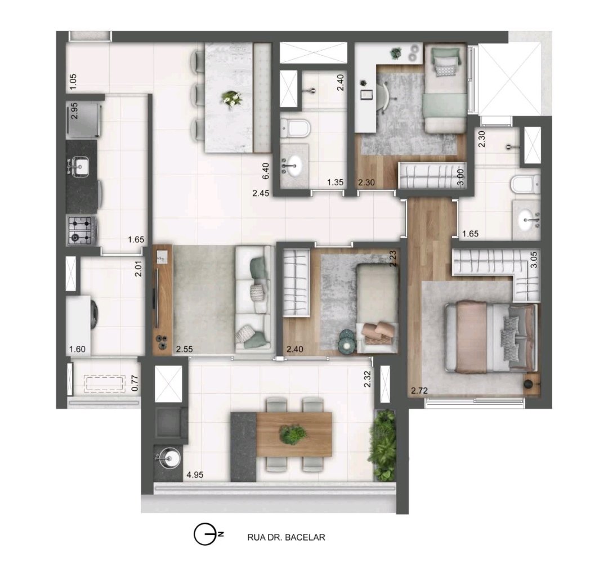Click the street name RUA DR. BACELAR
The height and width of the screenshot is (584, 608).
pos(286,537)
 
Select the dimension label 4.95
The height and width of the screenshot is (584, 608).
pos(195,475)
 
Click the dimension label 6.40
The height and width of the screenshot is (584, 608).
pos(266,171)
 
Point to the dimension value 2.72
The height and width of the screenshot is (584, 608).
pos(419,390)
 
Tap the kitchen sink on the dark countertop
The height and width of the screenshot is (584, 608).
pos(79,167)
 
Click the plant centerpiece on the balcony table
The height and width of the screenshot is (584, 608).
pos(293,434)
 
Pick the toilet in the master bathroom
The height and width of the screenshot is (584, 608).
pos(525,184)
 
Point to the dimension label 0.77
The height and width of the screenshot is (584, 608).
pos(135,382)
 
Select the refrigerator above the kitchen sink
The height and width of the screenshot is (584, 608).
pos(84,119)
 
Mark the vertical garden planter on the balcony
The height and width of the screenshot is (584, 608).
pos(385,445)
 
